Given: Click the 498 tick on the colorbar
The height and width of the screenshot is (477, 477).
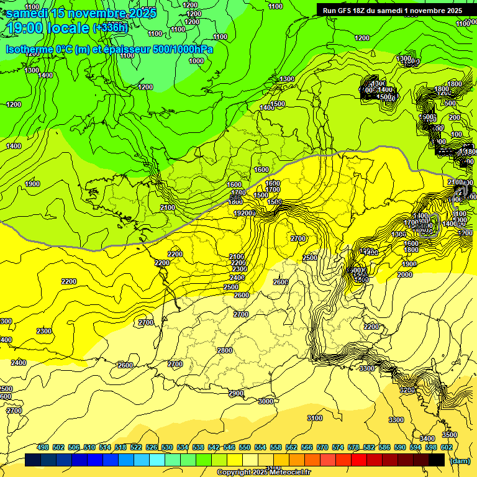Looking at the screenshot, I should click(x=43, y=447).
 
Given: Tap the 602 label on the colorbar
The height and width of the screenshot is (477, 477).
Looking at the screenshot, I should click(x=447, y=447).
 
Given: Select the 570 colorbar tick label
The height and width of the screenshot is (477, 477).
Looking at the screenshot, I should click(x=322, y=447).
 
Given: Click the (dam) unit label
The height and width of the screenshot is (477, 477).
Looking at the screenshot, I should click(x=460, y=460).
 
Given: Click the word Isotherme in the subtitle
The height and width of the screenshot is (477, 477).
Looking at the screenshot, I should click(x=29, y=49).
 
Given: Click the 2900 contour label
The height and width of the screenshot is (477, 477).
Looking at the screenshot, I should click(x=236, y=394).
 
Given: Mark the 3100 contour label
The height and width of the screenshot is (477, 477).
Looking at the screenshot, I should click(x=315, y=419).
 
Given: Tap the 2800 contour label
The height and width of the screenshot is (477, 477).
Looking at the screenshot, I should click(x=225, y=351).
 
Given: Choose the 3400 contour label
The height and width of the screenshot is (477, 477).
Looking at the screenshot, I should click(x=427, y=439).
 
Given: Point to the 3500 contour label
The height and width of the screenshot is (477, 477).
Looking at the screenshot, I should click(x=449, y=435).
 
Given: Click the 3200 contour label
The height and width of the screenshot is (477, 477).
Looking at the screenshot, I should click(x=407, y=390).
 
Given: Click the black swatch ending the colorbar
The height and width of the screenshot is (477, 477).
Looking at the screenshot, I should click(x=437, y=460).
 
